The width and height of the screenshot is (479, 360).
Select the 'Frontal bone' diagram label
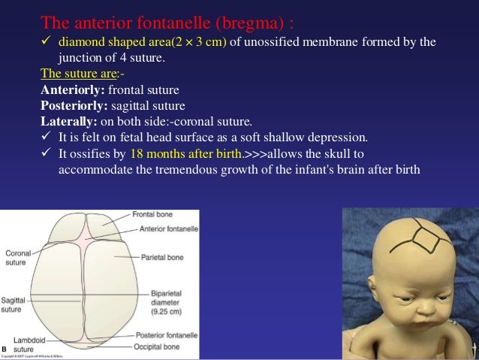tap(154, 215)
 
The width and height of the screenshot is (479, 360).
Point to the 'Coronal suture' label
tap(18, 258)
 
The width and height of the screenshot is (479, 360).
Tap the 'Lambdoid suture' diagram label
tap(30, 345)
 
